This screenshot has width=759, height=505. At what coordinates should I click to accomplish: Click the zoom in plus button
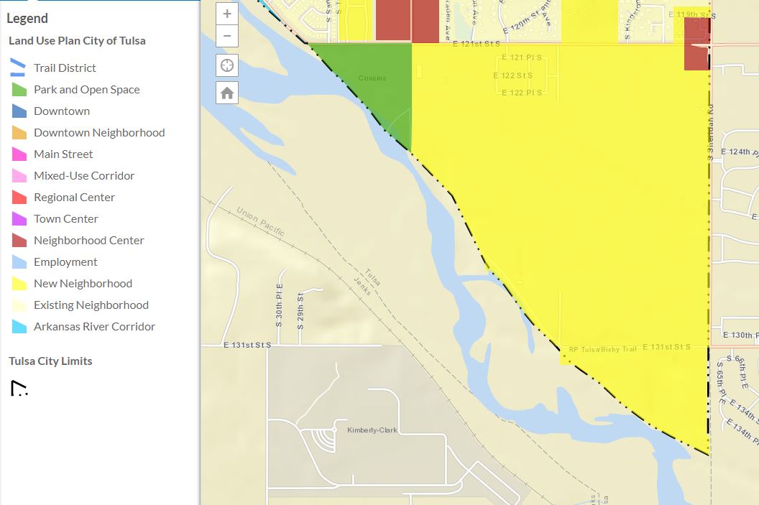point(227,14)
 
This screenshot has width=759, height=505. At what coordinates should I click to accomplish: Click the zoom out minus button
point(227,36)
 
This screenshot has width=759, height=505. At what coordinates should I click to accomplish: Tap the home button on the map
point(227,93)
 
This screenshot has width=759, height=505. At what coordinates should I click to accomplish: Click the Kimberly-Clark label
point(372,430)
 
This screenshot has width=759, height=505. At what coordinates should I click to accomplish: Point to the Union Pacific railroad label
point(260,221)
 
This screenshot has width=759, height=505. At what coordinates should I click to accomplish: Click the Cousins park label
point(372,78)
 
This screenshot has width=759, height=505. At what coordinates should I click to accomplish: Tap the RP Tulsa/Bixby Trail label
point(602,349)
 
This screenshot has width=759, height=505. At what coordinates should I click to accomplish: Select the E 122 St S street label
point(512,75)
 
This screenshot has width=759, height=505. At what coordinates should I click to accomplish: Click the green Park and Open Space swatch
point(19,90)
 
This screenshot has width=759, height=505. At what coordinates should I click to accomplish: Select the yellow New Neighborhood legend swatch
point(19,284)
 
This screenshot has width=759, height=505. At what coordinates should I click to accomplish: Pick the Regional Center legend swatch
point(19,198)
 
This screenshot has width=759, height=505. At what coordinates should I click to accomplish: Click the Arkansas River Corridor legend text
point(94,327)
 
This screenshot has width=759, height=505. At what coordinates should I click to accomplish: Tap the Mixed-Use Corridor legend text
point(84,176)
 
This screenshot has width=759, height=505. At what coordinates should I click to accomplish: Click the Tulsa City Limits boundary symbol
point(19,389)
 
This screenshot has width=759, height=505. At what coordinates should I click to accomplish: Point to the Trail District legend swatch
point(18,68)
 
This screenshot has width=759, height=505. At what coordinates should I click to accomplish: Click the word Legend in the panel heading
point(27,19)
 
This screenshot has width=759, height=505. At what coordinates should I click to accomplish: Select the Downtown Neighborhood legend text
point(99,133)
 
